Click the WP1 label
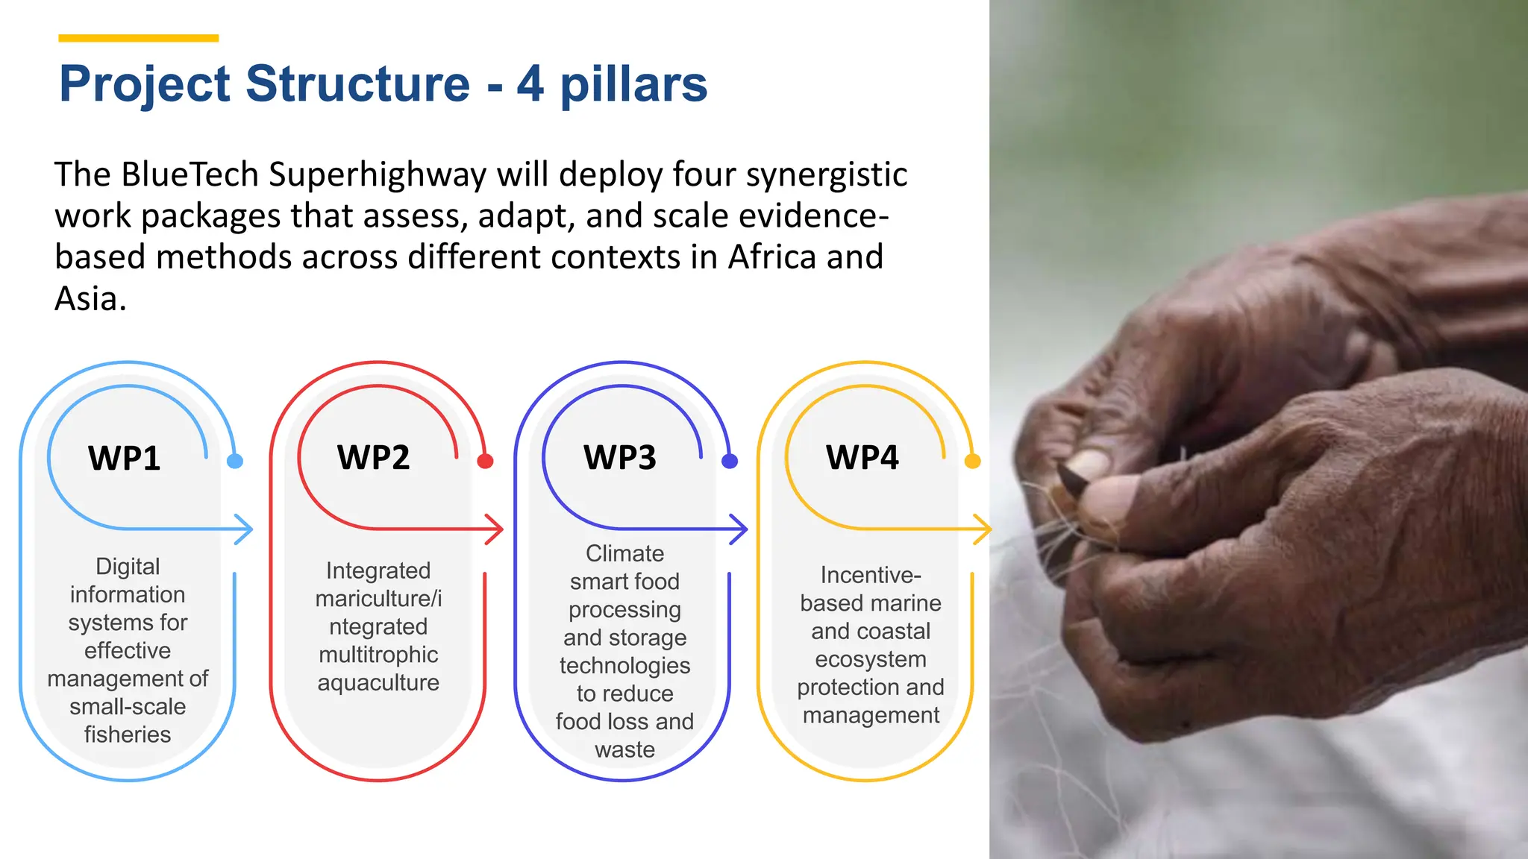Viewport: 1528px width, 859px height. pos(125,458)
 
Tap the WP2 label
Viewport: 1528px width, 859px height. pos(373,457)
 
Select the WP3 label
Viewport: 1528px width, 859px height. pos(620,457)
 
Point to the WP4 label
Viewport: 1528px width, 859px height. pos(862,457)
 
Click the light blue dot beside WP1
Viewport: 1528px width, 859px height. pos(235,461)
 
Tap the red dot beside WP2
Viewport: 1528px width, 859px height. pos(485,461)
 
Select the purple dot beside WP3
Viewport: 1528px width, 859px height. pos(730,461)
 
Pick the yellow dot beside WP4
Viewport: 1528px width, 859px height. pos(972,461)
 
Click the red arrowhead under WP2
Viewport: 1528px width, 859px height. pos(496,529)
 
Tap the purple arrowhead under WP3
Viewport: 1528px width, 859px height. pos(740,529)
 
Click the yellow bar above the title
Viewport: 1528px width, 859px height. pos(138,38)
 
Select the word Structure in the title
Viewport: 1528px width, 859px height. pos(357,84)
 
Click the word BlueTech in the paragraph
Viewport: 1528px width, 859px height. pos(190,174)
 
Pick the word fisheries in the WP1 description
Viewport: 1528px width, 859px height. pos(128,734)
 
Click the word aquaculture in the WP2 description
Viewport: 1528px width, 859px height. pos(378,682)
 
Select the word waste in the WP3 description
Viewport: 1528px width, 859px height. pos(624,749)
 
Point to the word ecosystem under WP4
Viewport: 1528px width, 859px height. pos(871,659)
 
